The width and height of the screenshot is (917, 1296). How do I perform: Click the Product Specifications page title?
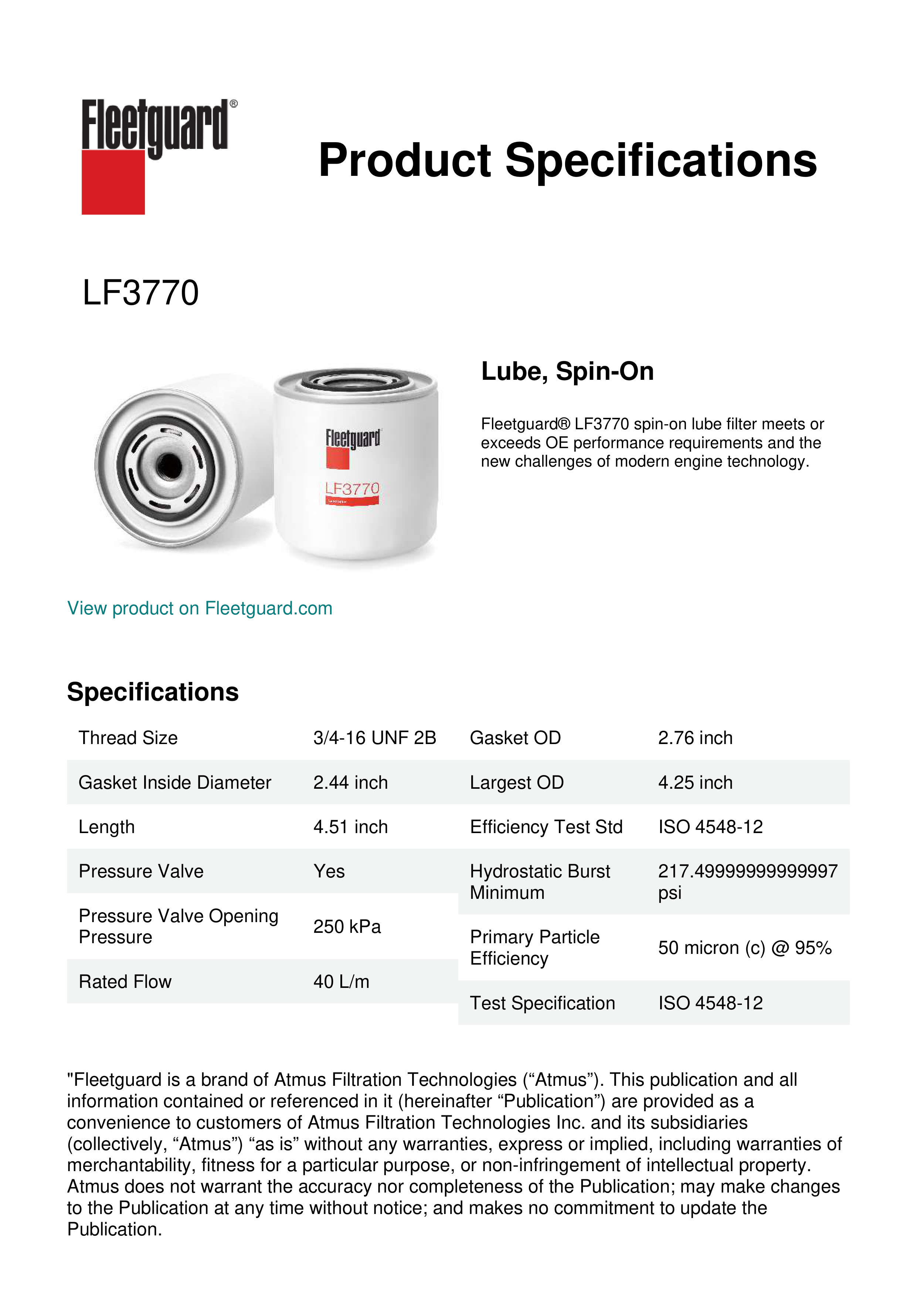pyautogui.click(x=567, y=160)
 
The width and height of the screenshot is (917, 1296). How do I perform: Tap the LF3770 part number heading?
pyautogui.click(x=140, y=293)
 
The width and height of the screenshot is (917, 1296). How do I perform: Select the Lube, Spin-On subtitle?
pyautogui.click(x=567, y=371)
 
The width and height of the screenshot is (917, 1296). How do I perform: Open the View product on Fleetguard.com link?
pyautogui.click(x=199, y=608)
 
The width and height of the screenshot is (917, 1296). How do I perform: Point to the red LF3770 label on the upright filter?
pyautogui.click(x=352, y=489)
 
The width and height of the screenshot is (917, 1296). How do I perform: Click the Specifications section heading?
pyautogui.click(x=152, y=692)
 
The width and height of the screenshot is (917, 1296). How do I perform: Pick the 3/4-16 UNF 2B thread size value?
pyautogui.click(x=374, y=738)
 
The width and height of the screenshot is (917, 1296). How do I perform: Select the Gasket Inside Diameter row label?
pyautogui.click(x=174, y=782)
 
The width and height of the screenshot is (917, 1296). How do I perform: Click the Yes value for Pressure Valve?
pyautogui.click(x=329, y=871)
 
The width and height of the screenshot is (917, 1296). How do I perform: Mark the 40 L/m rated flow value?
pyautogui.click(x=341, y=982)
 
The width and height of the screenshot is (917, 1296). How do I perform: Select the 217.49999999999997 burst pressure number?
pyautogui.click(x=747, y=871)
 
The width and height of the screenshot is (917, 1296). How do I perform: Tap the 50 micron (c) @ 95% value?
pyautogui.click(x=744, y=948)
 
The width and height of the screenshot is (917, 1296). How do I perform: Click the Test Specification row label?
pyautogui.click(x=542, y=1003)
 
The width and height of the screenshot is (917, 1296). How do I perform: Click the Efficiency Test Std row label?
pyautogui.click(x=546, y=827)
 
